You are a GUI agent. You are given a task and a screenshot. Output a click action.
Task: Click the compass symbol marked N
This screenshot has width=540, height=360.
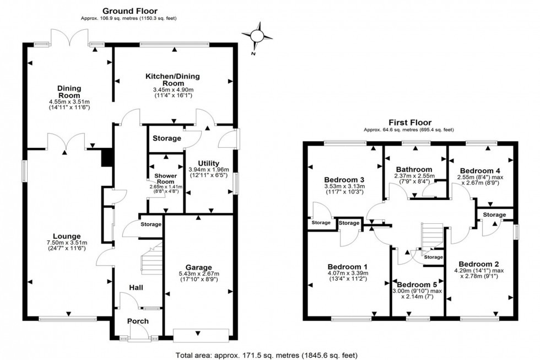(257, 36)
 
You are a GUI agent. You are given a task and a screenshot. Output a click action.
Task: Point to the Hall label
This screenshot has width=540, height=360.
(136, 287)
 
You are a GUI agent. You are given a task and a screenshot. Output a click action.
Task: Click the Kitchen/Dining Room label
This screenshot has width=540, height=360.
(172, 79)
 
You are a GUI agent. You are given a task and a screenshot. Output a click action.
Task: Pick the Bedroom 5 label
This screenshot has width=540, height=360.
(417, 285)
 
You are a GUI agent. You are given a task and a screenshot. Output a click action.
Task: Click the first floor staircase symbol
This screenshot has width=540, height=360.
(431, 235)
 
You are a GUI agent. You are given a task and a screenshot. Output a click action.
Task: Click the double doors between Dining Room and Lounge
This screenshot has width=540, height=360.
(66, 142)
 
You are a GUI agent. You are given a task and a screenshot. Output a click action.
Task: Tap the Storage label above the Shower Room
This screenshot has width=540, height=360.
(166, 138)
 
